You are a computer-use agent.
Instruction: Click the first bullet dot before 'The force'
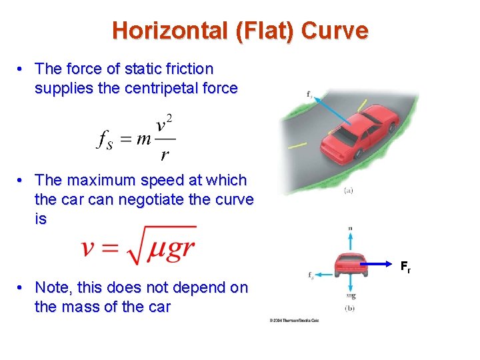coord(22,69)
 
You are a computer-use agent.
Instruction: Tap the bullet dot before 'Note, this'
coord(22,289)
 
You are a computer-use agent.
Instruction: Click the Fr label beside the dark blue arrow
coord(405,268)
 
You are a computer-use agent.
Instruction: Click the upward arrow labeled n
coord(351,240)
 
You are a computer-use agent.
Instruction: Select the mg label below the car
coord(351,295)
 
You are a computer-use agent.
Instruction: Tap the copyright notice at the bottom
coord(294,321)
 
